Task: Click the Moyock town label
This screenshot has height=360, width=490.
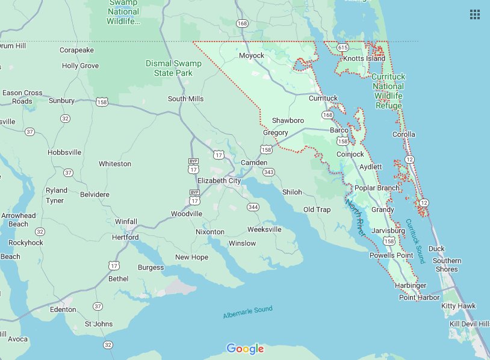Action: point(251,55)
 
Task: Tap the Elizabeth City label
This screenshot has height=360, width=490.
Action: point(219,181)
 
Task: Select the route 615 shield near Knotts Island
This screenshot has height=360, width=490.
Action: point(343,47)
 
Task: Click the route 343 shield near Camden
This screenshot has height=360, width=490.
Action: point(269,173)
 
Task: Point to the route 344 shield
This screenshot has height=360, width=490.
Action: point(253,207)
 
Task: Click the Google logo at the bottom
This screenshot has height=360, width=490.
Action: point(245,349)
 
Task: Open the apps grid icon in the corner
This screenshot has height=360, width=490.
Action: point(475,14)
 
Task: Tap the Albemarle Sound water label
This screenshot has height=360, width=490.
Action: point(247,312)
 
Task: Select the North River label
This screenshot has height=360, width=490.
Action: point(355,217)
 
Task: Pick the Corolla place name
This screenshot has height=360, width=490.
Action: point(403,134)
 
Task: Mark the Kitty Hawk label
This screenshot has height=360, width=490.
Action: point(457,306)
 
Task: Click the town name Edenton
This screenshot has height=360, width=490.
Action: point(63,309)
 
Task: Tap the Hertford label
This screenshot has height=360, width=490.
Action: point(126,237)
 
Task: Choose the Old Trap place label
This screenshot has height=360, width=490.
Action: point(317,209)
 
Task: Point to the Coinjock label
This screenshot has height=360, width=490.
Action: point(350,154)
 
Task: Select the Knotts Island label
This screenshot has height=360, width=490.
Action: point(364,58)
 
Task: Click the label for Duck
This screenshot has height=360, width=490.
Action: point(436,249)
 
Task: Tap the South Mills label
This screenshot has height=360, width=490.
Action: point(185,99)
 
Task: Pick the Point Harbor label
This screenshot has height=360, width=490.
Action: point(419,297)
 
